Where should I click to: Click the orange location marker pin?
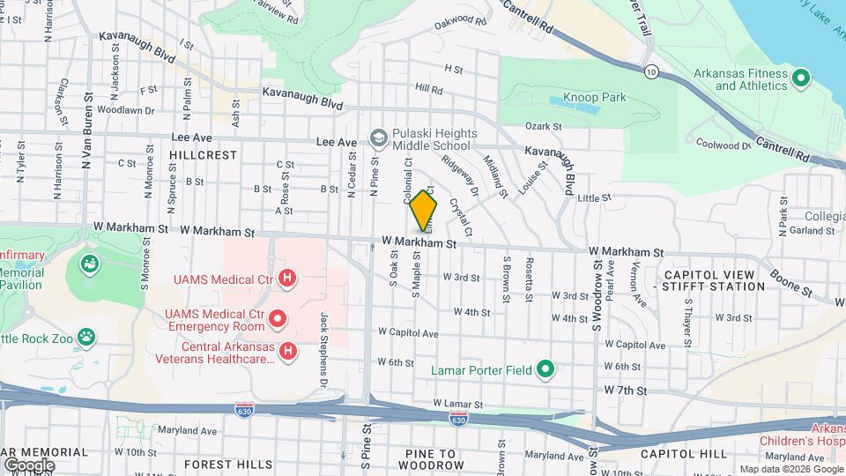(423, 212)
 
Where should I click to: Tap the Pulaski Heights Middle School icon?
(378, 138)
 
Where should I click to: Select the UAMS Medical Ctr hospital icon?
(286, 279)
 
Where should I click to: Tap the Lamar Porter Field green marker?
(545, 369)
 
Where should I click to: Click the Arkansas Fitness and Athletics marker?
(801, 79)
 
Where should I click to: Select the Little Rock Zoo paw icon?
(86, 337)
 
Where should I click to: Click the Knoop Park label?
(594, 97)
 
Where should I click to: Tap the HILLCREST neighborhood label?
(203, 154)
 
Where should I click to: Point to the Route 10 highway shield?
(650, 70)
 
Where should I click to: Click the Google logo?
(29, 465)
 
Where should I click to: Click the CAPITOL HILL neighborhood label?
(684, 454)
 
